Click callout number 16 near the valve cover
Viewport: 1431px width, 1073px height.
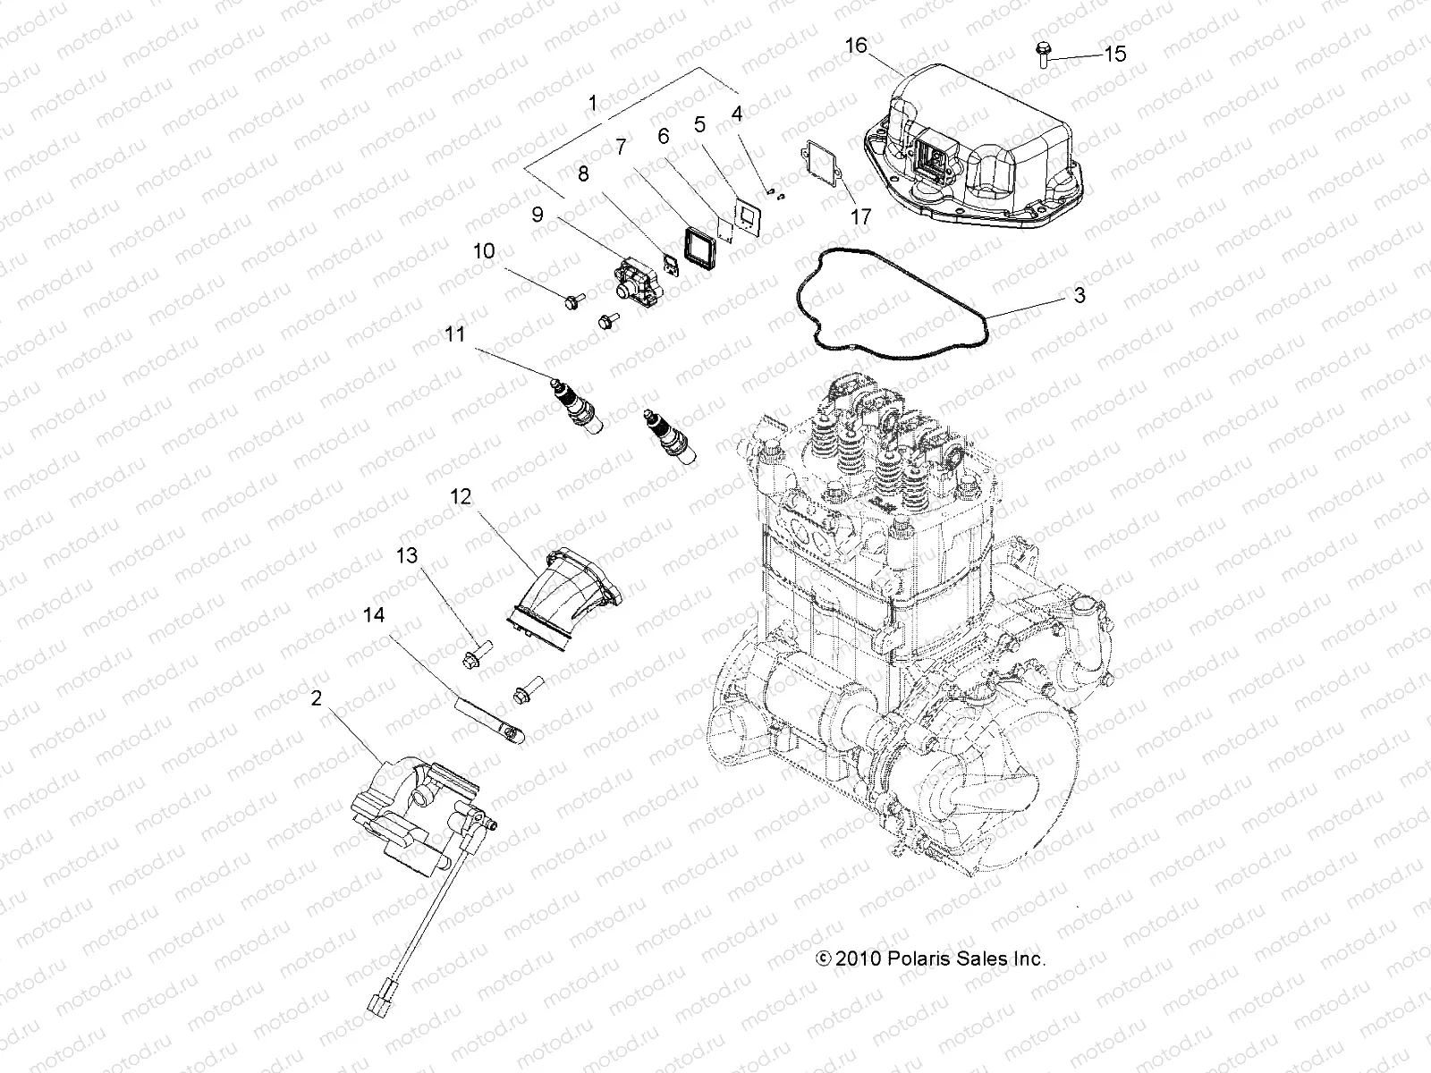[856, 45]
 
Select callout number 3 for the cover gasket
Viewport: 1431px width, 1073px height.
[1080, 295]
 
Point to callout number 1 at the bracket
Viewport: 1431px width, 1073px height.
[592, 104]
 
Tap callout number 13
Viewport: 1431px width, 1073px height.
[408, 556]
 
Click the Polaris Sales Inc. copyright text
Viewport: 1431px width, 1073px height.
[931, 959]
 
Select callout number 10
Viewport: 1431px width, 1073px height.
[484, 251]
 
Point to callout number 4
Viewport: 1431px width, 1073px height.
[736, 114]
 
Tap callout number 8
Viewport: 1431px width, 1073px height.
[584, 173]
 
